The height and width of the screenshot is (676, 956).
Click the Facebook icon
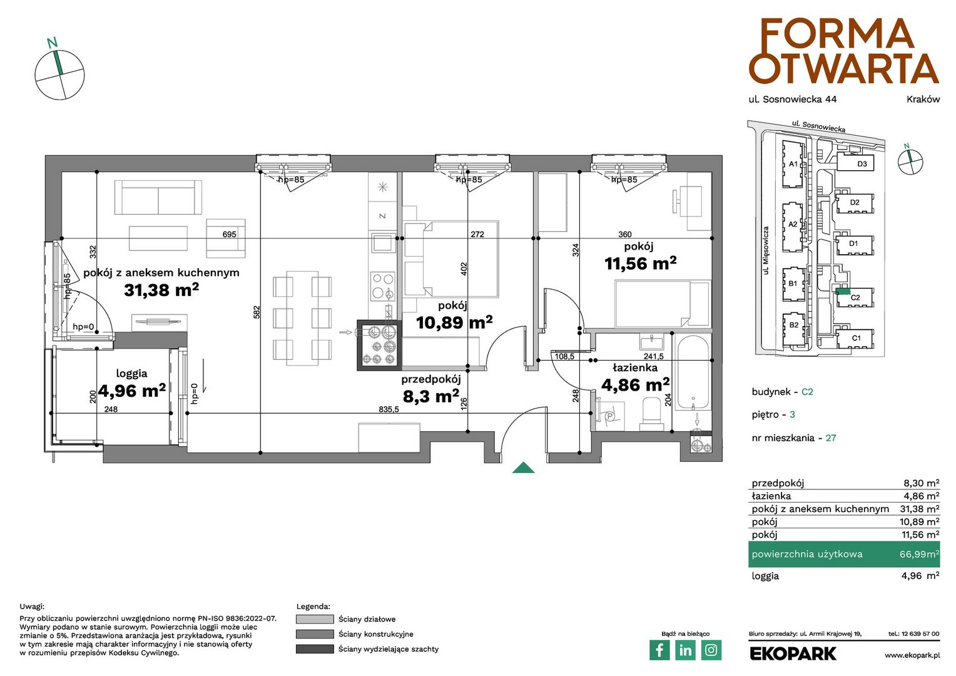coord(659,650)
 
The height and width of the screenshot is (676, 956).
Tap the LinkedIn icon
coord(686,650)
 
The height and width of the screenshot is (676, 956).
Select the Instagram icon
coord(711,650)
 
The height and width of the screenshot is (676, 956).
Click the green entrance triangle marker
coord(524,468)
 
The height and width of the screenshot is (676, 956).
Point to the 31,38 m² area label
coord(161,290)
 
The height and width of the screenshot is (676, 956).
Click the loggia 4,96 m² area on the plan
coord(132,390)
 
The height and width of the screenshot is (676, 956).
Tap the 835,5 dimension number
coord(389,409)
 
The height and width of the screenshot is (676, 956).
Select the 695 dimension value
coord(229,234)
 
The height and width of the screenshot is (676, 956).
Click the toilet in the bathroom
coord(651,414)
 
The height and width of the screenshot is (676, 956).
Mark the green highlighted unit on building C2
coord(843,292)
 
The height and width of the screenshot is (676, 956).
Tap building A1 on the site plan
coord(793,164)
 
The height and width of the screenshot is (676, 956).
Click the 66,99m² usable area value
coord(919,554)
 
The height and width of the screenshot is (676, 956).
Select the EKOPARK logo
coord(793,654)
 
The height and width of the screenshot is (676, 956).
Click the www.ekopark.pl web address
coord(912,655)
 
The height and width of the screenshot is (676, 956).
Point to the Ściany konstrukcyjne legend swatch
coord(315,634)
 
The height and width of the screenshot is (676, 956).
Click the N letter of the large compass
coord(52,43)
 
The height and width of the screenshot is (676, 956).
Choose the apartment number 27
coord(830,438)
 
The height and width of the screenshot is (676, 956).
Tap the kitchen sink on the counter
coord(383,243)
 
